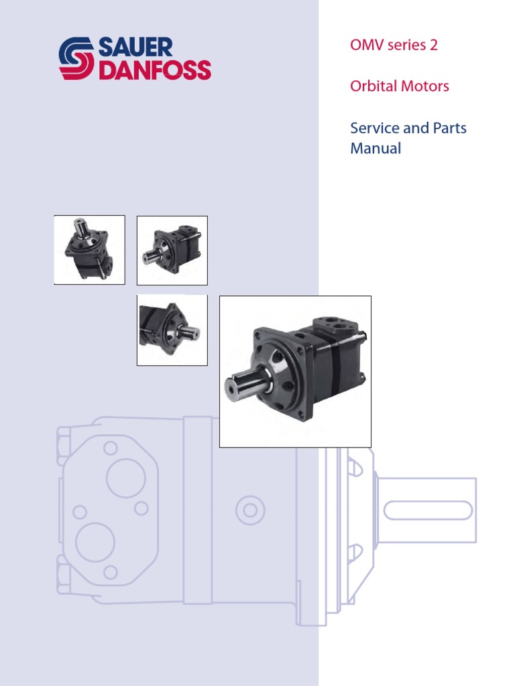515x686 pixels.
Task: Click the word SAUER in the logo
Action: (135, 48)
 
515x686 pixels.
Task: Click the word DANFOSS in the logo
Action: (155, 70)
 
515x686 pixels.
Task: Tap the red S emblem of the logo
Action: (77, 59)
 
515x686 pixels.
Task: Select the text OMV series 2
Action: (394, 46)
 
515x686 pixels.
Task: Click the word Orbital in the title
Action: (372, 86)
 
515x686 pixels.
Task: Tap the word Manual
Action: (376, 149)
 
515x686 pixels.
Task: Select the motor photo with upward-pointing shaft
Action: (89, 250)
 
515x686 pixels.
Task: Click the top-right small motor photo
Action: (172, 250)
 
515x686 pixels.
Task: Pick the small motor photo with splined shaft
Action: (172, 330)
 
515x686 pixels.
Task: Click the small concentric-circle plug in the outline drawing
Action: (250, 510)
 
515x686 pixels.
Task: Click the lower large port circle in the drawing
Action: (95, 542)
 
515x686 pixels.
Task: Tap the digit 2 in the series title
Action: (435, 46)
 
